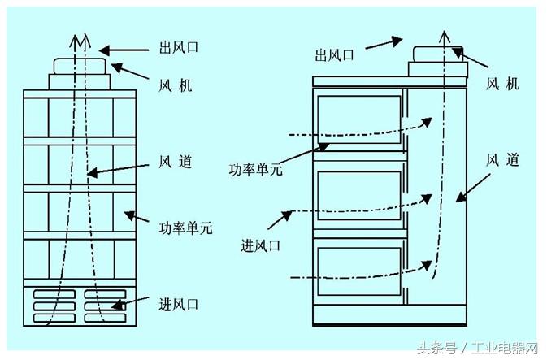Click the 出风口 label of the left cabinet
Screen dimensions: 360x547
(x=177, y=48)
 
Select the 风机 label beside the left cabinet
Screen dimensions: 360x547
(x=176, y=85)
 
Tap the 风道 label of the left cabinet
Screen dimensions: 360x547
(x=175, y=162)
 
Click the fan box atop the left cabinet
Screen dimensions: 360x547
(x=80, y=66)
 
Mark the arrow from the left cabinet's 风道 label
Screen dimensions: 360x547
(x=117, y=167)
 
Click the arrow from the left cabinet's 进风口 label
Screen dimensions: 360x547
(x=130, y=305)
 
